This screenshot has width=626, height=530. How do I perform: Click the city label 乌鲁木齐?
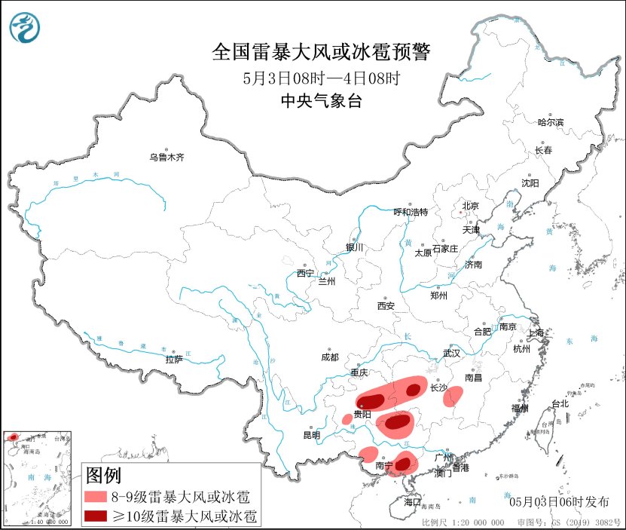tap(166, 158)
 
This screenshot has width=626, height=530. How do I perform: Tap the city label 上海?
tap(536, 332)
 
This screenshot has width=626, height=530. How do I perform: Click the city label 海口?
tap(411, 501)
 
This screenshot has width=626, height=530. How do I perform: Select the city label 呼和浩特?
tap(411, 212)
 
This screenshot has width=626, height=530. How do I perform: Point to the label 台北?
tap(560, 404)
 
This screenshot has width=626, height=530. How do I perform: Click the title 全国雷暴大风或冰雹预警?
tap(321, 52)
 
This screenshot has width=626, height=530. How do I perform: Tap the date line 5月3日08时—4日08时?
tap(321, 78)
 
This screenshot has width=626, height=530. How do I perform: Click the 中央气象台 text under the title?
tap(321, 101)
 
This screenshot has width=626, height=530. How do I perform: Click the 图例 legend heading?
tap(104, 476)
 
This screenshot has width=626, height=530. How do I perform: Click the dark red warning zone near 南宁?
tap(402, 464)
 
